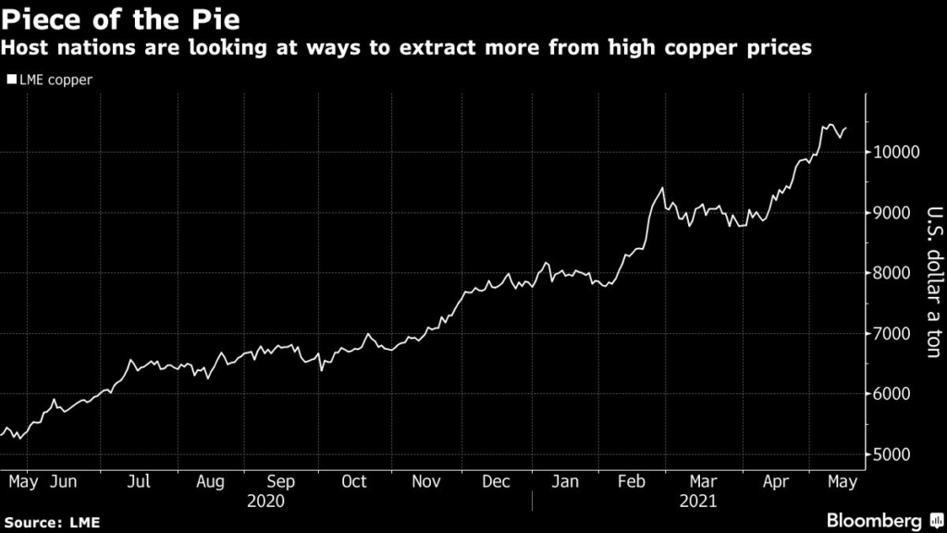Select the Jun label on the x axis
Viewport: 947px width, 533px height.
[x=63, y=482]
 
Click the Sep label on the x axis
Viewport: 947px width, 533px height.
[x=280, y=482]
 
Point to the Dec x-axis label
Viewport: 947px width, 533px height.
[x=496, y=482]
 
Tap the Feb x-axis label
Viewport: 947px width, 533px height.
[x=632, y=482]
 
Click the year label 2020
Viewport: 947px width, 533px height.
[x=266, y=502]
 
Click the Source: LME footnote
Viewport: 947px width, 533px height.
[x=50, y=523]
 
